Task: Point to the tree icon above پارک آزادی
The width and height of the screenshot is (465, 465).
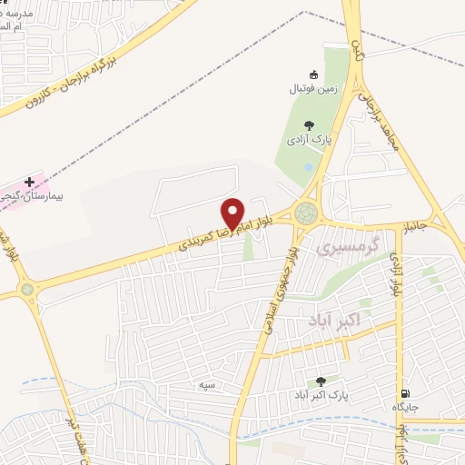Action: [310, 125]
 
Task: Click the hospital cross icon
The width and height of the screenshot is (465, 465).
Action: [29, 182]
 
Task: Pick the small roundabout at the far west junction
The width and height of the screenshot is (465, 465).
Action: [27, 290]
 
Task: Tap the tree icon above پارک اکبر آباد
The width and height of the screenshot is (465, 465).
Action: [320, 381]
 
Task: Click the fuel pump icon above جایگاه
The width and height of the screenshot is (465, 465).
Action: [403, 392]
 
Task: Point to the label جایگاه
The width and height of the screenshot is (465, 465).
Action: [404, 406]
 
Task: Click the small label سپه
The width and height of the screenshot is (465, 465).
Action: [207, 385]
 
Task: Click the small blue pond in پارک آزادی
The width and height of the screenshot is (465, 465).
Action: [310, 168]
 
